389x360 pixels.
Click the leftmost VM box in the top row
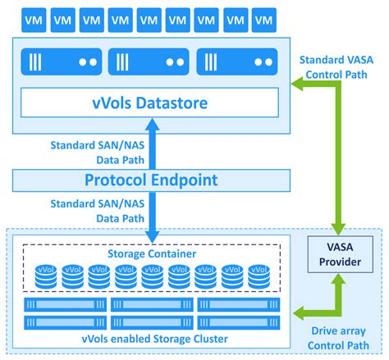click(x=34, y=20)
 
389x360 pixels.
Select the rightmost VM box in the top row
click(x=264, y=20)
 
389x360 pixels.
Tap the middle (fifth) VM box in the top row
click(x=149, y=20)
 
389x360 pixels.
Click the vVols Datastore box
click(x=149, y=103)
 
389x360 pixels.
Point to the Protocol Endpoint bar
click(x=151, y=180)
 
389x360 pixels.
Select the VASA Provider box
click(x=341, y=254)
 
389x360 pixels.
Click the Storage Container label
click(x=152, y=253)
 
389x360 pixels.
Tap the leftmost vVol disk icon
click(x=46, y=276)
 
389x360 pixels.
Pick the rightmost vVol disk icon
click(x=259, y=276)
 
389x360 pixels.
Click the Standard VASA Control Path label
click(x=336, y=67)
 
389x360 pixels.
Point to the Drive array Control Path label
click(x=338, y=338)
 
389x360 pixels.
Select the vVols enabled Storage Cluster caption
click(x=155, y=339)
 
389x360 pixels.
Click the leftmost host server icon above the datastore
click(x=62, y=62)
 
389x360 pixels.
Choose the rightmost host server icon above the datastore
click(x=237, y=62)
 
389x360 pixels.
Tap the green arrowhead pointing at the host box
click(x=297, y=84)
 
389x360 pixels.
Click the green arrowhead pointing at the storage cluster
click(x=299, y=313)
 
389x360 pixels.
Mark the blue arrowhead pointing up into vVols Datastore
click(x=153, y=125)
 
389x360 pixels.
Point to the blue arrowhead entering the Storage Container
click(x=153, y=237)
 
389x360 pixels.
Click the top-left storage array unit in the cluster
click(x=66, y=304)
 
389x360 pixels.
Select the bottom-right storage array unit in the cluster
click(x=239, y=322)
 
